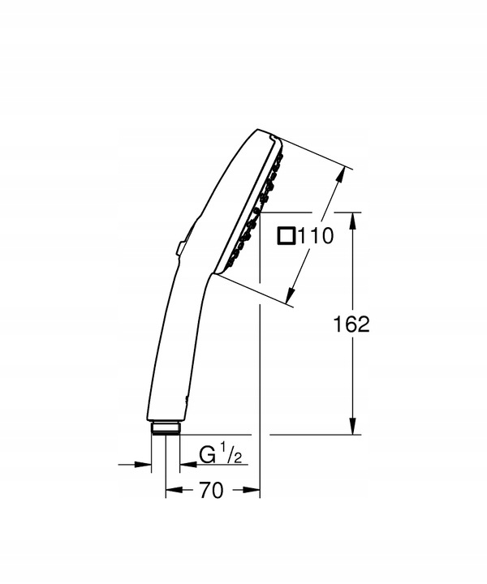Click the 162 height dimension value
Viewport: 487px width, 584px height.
pyautogui.click(x=351, y=324)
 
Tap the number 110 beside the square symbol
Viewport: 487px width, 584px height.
pyautogui.click(x=317, y=237)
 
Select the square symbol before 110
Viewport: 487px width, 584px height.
pyautogui.click(x=287, y=236)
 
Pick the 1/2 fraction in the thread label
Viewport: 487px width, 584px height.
pyautogui.click(x=232, y=457)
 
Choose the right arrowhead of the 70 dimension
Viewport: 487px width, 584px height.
pyautogui.click(x=254, y=491)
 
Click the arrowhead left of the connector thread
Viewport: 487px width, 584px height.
pyautogui.click(x=146, y=465)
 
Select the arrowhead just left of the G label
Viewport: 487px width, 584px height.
pyautogui.click(x=183, y=465)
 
